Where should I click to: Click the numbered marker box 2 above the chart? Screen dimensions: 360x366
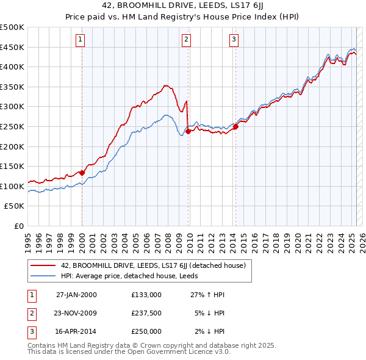coord(186,40)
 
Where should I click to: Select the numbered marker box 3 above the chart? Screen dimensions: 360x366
coord(234,40)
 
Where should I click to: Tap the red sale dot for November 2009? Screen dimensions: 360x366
coord(188,131)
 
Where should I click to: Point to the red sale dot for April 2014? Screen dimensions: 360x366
coord(235,126)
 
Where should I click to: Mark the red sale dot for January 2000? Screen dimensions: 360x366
coord(82,173)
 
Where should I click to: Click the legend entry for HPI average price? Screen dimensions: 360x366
coord(133,276)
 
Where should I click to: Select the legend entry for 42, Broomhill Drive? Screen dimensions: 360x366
coord(152,265)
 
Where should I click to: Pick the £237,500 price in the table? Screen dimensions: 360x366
coord(146,313)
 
